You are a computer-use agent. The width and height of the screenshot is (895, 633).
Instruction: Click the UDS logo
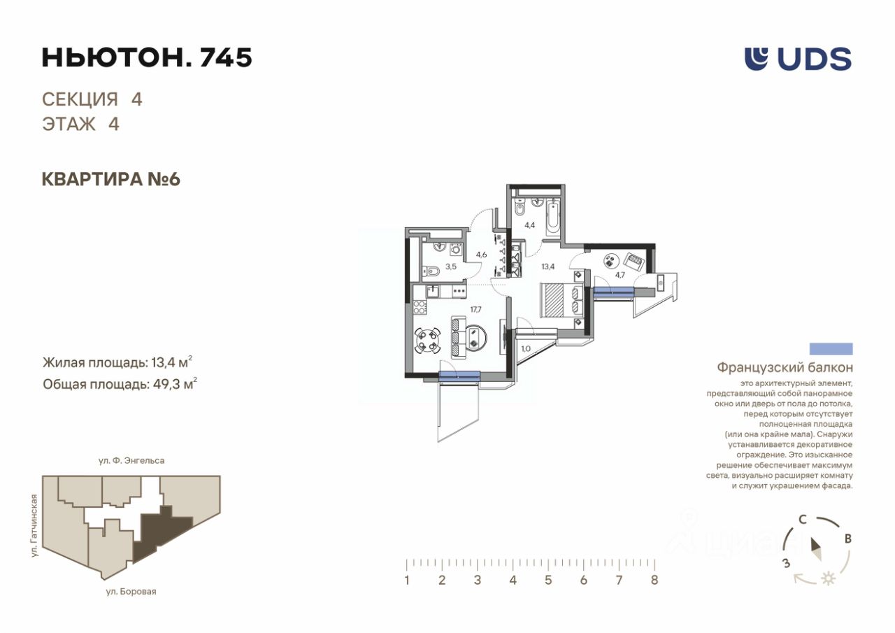(x=798, y=59)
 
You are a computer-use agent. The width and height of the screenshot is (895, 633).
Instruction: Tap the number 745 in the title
(x=225, y=57)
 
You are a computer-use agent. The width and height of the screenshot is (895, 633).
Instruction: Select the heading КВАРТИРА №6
(x=111, y=180)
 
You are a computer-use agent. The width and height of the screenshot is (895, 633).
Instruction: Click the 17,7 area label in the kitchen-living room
(x=476, y=309)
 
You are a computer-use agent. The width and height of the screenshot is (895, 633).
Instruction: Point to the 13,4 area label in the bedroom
(x=547, y=266)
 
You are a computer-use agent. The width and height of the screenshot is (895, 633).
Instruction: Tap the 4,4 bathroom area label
(x=530, y=225)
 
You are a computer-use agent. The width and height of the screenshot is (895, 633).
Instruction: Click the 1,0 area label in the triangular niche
(x=526, y=349)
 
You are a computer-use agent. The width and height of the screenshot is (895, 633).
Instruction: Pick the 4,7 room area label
(x=620, y=275)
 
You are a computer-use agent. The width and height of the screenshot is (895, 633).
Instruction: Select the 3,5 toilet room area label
(x=451, y=266)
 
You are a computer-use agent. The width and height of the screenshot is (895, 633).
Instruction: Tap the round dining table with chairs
(x=427, y=341)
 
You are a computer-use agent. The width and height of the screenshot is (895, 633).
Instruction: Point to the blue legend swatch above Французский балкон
(x=831, y=349)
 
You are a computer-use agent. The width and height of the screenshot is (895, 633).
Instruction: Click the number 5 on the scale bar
(x=548, y=580)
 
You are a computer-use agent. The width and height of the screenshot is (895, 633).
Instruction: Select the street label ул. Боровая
(x=131, y=592)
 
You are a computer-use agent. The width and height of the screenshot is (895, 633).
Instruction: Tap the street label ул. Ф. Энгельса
(x=131, y=460)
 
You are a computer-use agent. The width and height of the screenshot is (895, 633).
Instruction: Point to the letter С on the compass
(x=802, y=520)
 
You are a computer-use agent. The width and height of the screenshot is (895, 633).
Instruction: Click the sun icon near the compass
(x=829, y=578)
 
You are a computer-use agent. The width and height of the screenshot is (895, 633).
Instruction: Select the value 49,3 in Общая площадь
(x=164, y=385)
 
